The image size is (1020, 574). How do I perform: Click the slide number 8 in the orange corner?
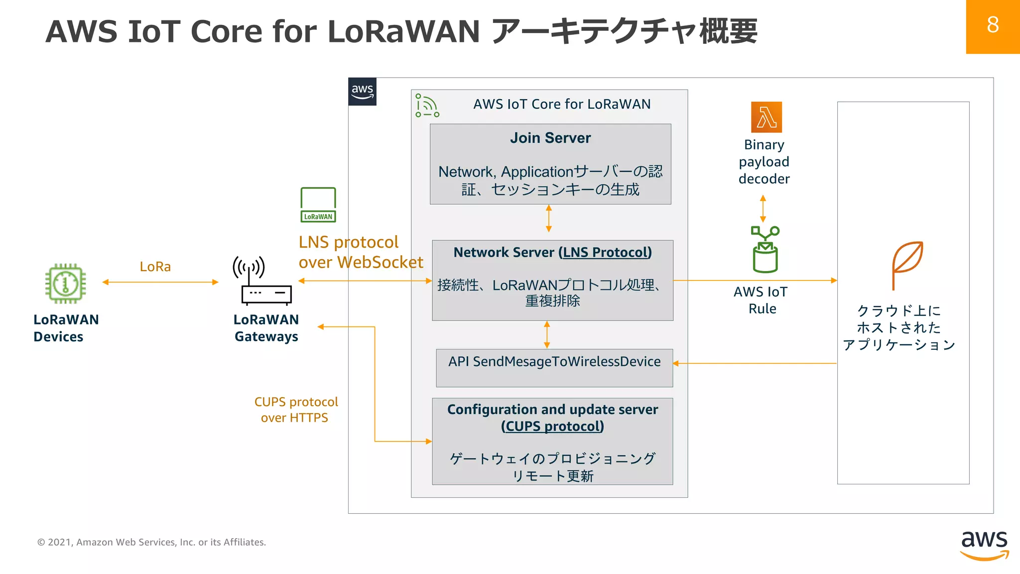coord(992,25)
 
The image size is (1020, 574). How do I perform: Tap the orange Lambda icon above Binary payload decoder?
coord(766,117)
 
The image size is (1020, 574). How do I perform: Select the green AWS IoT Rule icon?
coord(765,250)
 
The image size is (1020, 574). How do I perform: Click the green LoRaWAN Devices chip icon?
coord(65,284)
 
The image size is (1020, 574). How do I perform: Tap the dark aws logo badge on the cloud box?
coord(362,92)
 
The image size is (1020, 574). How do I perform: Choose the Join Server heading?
coord(550,138)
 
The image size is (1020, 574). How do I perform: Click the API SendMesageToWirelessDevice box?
coord(554,367)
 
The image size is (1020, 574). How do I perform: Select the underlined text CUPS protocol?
coord(552,427)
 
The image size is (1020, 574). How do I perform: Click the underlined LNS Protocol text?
coord(606,253)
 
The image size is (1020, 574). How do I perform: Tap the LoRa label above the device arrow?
coord(155,267)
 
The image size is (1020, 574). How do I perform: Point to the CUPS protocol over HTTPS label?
coord(295,410)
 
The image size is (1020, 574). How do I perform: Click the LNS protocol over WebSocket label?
coord(360,252)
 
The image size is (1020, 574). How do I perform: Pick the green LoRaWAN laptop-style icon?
coord(318,204)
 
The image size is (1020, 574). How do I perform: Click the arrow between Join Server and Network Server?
coord(548,219)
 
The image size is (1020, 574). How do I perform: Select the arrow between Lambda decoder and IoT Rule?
coord(763,209)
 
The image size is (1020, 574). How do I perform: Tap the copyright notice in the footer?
coord(151,542)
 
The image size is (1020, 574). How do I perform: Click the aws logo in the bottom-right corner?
coord(984,545)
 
